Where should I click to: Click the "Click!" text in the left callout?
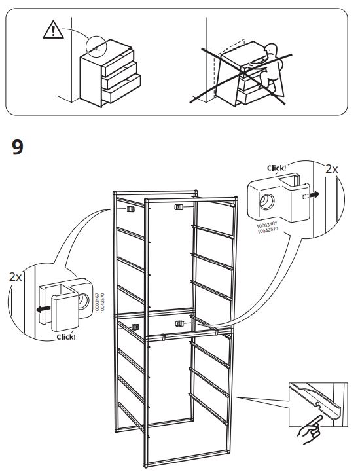click(66, 337)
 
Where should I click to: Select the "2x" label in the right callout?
click(332, 168)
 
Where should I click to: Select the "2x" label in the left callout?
click(16, 277)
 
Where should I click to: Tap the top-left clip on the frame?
click(130, 209)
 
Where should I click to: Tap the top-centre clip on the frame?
click(178, 207)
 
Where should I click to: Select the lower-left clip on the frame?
click(135, 325)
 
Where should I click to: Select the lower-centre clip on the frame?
click(179, 323)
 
